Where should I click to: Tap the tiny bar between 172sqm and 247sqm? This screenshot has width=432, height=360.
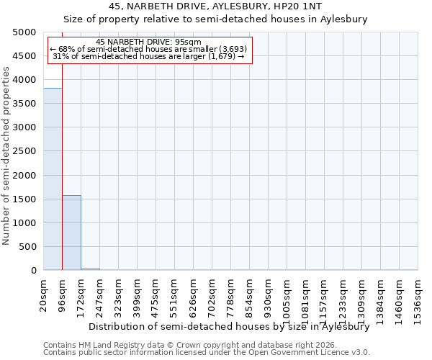click(x=90, y=269)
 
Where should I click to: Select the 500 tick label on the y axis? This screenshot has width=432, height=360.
click(x=27, y=247)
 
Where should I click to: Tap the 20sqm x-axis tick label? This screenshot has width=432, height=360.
click(x=43, y=296)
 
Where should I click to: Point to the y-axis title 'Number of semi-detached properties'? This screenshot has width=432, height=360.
click(x=6, y=156)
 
